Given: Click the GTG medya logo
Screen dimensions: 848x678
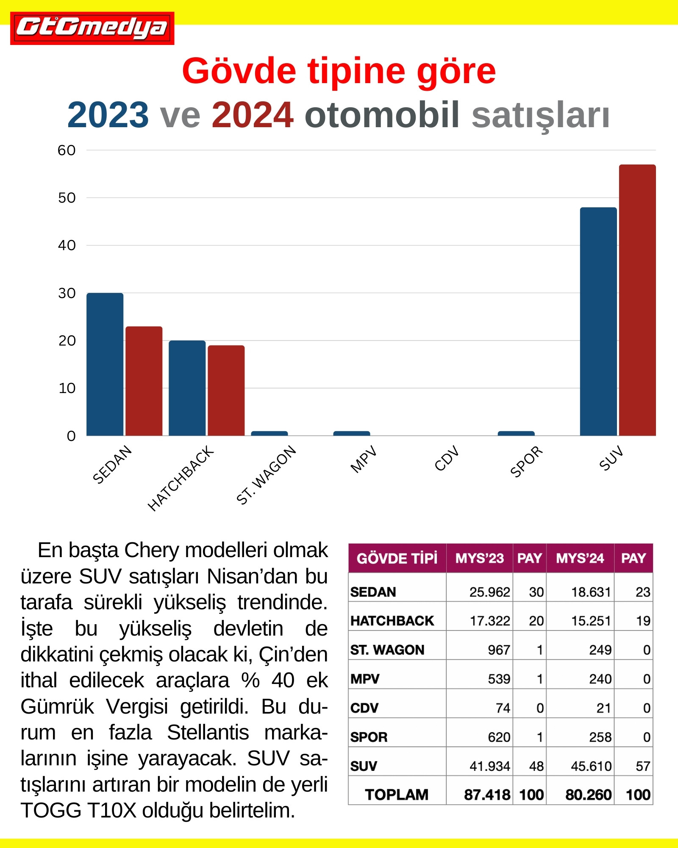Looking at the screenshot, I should pos(92,28).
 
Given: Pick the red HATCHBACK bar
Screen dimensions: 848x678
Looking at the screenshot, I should pos(226,390).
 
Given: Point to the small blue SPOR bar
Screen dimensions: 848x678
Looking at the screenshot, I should pos(516,433).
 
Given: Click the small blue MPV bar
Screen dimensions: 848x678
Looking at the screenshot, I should pos(351,433).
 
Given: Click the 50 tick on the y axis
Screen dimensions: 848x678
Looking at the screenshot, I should pos(67,198).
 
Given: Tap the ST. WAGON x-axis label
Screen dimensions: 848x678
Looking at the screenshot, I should pos(266,475).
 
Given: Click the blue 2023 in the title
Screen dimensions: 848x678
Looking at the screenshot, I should pos(108,115).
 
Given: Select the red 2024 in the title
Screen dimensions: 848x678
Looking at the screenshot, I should pos(253,115).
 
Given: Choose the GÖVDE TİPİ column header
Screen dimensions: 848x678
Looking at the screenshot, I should pos(397,558).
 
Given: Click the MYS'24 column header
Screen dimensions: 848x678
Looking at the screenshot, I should pos(580,558).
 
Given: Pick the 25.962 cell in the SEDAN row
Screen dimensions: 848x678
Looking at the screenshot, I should pos(489,592).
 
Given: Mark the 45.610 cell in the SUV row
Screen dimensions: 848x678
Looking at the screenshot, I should pos(591,766).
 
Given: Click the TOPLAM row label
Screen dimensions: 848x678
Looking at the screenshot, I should pos(397,795).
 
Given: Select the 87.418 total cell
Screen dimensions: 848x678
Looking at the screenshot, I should pos(487,795).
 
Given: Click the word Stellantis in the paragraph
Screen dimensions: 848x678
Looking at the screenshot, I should pos(208,733).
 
